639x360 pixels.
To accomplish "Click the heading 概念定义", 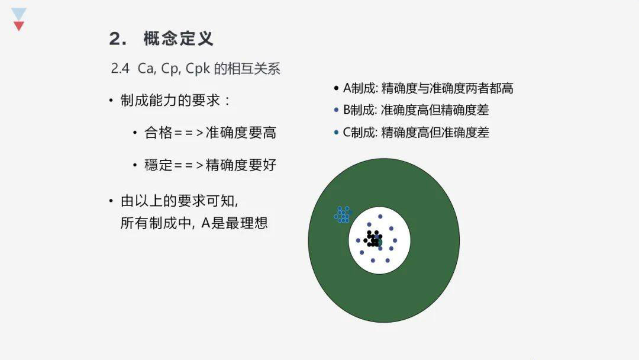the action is tap(178, 38).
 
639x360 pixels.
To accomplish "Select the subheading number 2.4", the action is tap(120, 69).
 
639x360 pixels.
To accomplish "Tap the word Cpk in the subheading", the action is tap(198, 69).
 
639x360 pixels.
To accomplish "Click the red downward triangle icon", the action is tap(19, 26).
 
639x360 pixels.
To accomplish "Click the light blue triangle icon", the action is tap(19, 14).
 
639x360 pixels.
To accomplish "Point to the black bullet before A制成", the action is tap(336, 88).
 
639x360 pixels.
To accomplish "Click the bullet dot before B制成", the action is tap(336, 110).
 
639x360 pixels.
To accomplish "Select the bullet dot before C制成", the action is tap(336, 132).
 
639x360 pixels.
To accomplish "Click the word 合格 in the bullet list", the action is tap(159, 133).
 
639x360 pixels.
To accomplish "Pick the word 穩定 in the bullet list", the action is tap(159, 165).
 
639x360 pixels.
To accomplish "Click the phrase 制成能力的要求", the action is tap(170, 100).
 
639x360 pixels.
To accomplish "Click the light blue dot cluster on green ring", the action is tap(343, 214).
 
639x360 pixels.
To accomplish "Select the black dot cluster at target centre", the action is tap(373, 239).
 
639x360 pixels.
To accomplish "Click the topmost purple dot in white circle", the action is tap(380, 217).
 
